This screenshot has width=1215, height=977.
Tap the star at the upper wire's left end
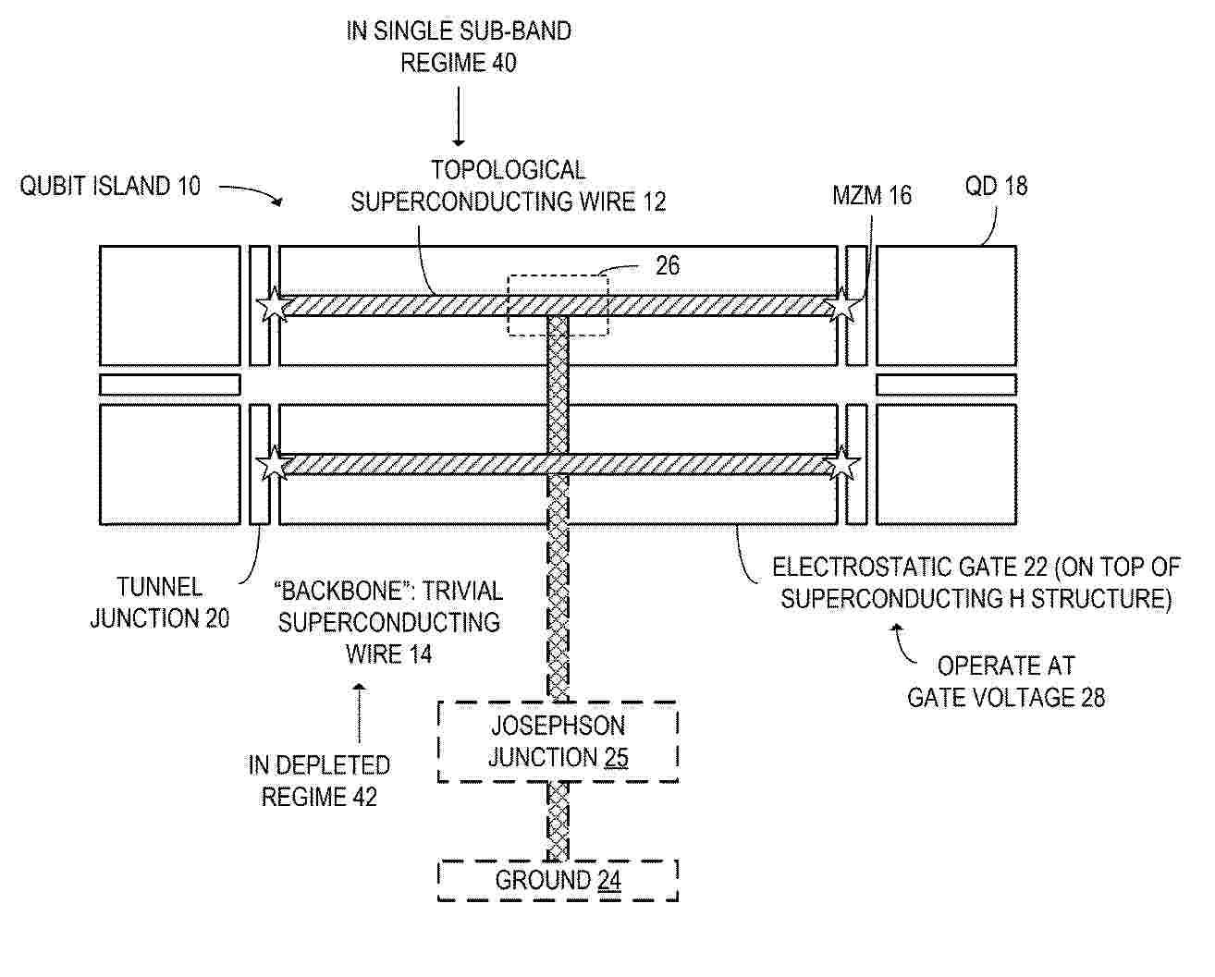274,305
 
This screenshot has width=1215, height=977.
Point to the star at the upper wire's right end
841,305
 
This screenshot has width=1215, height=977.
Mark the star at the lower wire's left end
274,464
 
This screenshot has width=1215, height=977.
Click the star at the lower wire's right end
841,464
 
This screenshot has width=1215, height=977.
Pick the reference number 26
668,266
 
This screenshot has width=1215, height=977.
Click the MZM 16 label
872,195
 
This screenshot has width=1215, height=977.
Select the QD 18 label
997,186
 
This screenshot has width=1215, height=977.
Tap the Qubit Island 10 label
110,186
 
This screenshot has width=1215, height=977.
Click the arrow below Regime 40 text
459,116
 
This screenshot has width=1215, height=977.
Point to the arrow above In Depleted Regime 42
359,714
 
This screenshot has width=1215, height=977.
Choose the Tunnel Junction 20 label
160,603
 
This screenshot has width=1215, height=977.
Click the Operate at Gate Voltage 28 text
1006,682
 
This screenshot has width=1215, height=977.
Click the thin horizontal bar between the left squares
170,385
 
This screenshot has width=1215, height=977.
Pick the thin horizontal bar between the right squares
946,385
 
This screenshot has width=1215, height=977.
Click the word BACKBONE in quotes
346,591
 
